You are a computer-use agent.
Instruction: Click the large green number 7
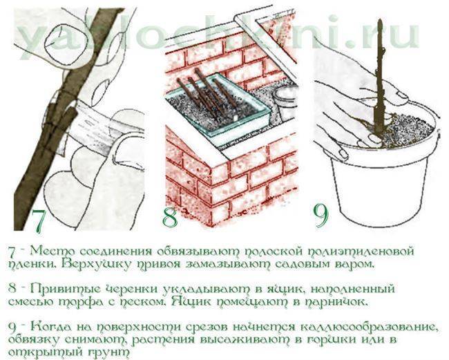39,221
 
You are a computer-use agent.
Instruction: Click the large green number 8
171,218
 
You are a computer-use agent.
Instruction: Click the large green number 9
321,216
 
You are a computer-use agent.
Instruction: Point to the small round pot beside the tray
283,103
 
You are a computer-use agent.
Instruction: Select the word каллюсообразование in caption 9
370,327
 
